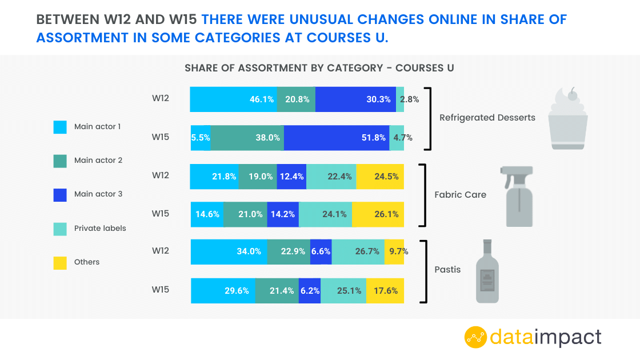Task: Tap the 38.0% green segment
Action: tap(247, 137)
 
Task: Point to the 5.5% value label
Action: tap(201, 137)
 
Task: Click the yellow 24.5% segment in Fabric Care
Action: tap(380, 176)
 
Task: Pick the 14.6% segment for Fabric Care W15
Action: tap(207, 214)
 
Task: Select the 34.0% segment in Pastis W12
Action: tap(229, 251)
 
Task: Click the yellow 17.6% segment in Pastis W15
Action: tap(385, 290)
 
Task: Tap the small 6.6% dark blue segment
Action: tap(321, 251)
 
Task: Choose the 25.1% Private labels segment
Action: tap(343, 290)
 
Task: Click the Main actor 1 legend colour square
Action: tap(60, 127)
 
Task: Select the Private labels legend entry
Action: tap(100, 228)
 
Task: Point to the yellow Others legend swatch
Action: tap(60, 262)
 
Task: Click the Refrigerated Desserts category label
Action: tap(487, 118)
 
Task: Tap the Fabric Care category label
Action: tap(460, 194)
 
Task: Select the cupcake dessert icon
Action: tap(567, 119)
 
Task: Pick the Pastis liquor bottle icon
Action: tap(487, 271)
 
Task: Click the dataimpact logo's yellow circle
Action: tap(475, 337)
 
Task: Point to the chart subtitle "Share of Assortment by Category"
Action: tap(319, 68)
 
